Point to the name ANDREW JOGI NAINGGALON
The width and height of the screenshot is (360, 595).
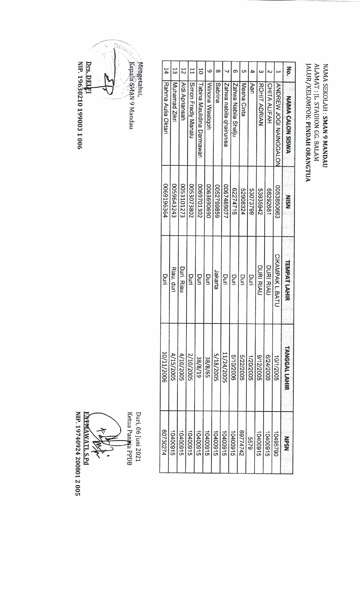277,117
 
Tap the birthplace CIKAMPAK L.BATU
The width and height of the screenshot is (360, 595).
277,278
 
